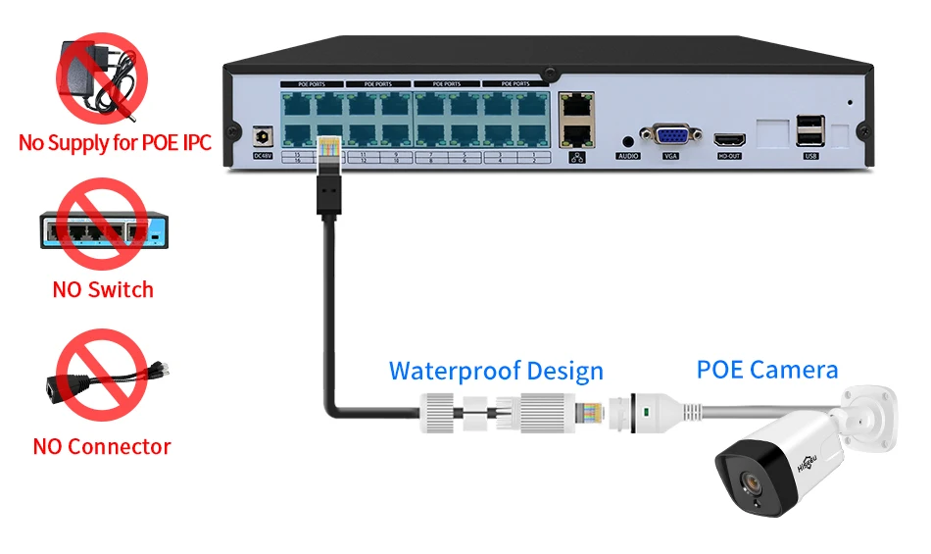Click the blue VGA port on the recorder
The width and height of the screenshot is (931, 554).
[x=670, y=136]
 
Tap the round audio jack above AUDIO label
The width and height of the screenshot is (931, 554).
[x=628, y=141]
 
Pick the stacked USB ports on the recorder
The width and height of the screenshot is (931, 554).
[x=809, y=130]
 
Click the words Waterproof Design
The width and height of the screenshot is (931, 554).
[x=496, y=372]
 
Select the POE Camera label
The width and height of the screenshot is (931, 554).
[x=767, y=370]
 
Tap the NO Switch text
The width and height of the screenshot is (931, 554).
[x=103, y=289]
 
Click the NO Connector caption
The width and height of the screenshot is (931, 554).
[x=102, y=447]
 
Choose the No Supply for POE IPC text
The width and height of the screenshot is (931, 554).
[x=115, y=143]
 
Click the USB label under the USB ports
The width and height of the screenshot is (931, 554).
[x=810, y=156]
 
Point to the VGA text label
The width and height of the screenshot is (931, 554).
[x=670, y=157]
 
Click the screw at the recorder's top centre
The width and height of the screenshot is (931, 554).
[x=550, y=74]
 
